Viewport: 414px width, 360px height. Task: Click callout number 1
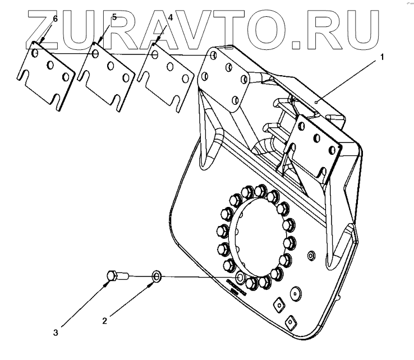pos(383,57)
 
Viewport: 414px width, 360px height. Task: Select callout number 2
pos(104,321)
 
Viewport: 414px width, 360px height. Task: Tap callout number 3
pos(56,333)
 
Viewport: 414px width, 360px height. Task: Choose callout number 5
pos(114,17)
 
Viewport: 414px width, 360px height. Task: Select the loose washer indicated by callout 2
pos(156,276)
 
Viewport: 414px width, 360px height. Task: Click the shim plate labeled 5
pos(107,75)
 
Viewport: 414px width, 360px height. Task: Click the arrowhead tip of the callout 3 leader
pos(109,282)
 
